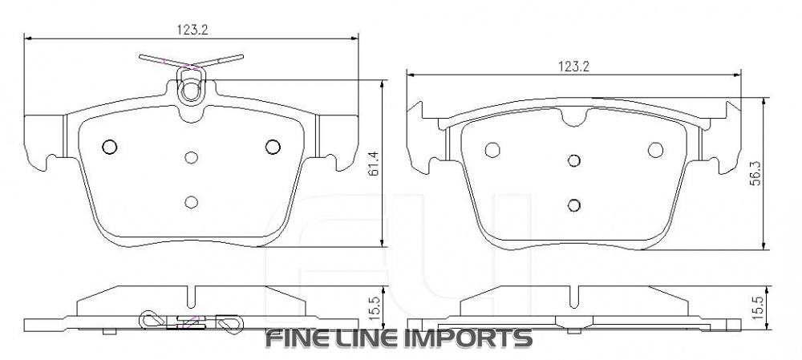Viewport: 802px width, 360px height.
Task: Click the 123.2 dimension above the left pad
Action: (192, 30)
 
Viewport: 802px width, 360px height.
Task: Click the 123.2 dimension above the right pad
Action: (574, 67)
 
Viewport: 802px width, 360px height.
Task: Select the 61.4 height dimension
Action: (372, 164)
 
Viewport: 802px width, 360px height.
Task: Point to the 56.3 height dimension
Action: (753, 172)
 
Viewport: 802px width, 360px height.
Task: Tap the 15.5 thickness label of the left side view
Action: (372, 306)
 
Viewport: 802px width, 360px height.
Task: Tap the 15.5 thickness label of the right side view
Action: (753, 306)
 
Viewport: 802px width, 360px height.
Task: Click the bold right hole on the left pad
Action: (273, 146)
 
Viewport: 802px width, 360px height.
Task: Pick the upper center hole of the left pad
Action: (191, 158)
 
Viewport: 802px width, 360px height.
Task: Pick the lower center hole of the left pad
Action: (191, 201)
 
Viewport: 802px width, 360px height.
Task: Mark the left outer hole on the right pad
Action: (492, 149)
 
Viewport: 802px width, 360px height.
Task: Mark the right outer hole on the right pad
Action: (655, 149)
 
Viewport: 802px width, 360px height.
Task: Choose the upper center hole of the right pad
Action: (573, 160)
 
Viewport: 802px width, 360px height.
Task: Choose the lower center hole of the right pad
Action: (573, 204)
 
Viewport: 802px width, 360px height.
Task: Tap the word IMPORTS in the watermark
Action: (473, 338)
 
